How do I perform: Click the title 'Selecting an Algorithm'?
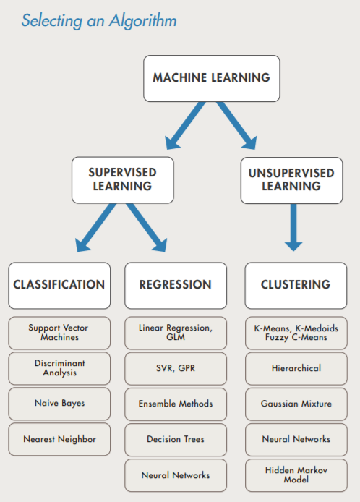pyautogui.click(x=99, y=20)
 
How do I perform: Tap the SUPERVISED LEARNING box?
pyautogui.click(x=121, y=179)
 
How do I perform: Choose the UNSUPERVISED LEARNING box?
pyautogui.click(x=291, y=179)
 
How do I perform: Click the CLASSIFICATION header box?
pyautogui.click(x=59, y=285)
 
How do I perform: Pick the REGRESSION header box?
pyautogui.click(x=175, y=285)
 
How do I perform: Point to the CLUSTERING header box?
pyautogui.click(x=295, y=285)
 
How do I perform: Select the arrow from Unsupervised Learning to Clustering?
pyautogui.click(x=293, y=228)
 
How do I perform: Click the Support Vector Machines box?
pyautogui.click(x=59, y=333)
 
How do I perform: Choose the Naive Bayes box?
pyautogui.click(x=59, y=404)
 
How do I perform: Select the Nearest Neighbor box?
pyautogui.click(x=59, y=439)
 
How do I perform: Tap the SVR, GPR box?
pyautogui.click(x=175, y=368)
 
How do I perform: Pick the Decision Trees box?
pyautogui.click(x=175, y=439)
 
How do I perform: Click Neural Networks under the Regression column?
pyautogui.click(x=175, y=475)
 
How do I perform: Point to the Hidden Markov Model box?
pyautogui.click(x=296, y=475)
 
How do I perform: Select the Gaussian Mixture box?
pyautogui.click(x=296, y=404)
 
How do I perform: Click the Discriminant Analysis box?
pyautogui.click(x=59, y=368)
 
